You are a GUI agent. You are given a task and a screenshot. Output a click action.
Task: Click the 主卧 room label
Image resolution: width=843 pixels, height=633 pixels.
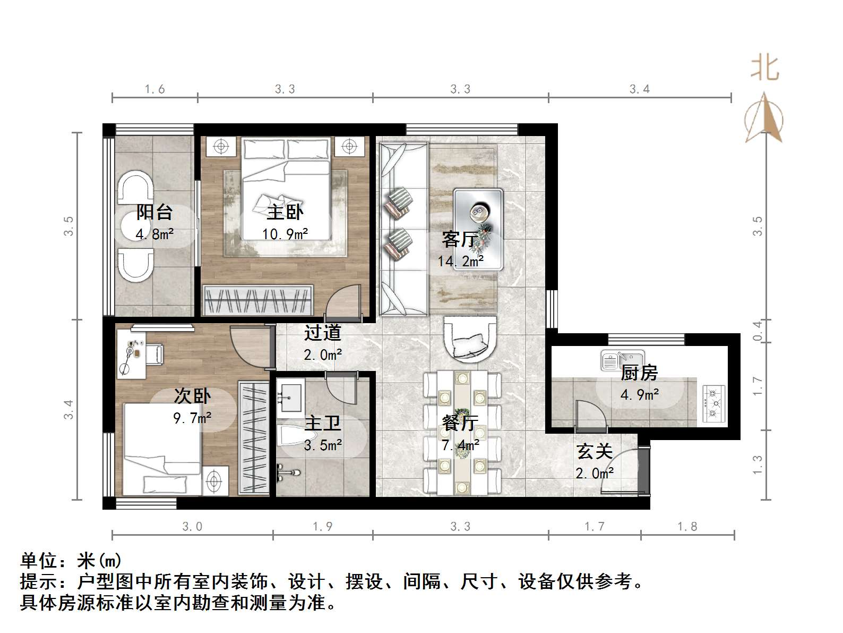tap(285, 212)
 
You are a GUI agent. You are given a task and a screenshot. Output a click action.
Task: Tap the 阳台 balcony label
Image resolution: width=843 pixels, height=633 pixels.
tap(154, 212)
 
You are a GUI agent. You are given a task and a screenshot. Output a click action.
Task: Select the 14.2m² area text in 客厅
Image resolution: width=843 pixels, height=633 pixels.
tap(460, 261)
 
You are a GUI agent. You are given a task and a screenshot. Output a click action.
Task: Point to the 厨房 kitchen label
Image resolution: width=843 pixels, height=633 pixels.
tap(639, 373)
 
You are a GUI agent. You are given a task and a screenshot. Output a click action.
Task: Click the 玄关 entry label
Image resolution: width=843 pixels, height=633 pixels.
tap(595, 451)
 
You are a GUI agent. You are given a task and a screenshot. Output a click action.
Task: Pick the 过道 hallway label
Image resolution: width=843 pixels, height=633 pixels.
tap(322, 333)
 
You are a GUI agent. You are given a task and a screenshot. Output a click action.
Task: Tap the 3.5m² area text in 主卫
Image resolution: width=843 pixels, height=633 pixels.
tap(322, 445)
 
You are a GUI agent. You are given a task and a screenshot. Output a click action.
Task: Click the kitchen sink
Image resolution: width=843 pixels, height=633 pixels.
tap(622, 360)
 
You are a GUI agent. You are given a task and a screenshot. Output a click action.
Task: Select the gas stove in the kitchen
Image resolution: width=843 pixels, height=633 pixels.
tap(713, 403)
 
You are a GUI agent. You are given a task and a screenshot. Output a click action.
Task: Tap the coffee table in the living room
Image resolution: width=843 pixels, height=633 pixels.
tap(478, 229)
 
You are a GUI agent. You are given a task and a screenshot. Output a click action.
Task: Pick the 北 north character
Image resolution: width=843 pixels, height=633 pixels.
tap(765, 68)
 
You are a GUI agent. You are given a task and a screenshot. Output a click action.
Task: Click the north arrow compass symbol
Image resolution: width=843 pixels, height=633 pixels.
tap(764, 119)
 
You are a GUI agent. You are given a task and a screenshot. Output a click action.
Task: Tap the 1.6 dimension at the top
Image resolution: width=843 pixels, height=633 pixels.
tap(154, 89)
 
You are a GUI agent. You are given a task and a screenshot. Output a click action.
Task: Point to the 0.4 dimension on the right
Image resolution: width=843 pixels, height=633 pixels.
tap(758, 331)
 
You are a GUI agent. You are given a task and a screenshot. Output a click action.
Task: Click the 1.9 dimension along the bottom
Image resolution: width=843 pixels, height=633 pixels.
tap(322, 527)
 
